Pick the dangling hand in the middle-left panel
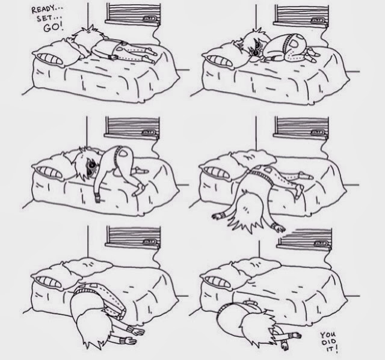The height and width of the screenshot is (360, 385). coord(97,198)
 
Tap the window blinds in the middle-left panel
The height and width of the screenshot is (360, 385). coord(133,126)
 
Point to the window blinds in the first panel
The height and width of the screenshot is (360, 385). coord(134,12)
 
